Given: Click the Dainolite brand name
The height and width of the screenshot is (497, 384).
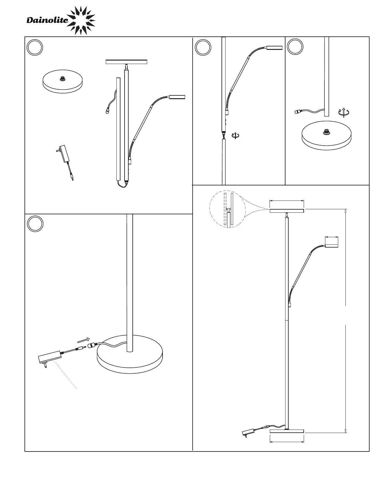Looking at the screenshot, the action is tap(47, 20).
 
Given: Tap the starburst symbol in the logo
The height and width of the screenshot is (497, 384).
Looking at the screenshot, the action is tap(81, 20).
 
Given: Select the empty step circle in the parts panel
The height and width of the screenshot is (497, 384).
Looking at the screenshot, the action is tap(35, 47).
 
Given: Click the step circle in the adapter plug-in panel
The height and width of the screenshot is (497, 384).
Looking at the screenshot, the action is tap(35, 224).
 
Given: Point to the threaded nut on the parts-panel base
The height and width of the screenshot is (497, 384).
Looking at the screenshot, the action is tap(62, 79).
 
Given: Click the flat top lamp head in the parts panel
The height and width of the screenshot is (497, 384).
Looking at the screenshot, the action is tap(126, 62).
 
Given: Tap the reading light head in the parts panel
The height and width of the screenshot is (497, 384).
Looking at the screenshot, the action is tap(177, 97).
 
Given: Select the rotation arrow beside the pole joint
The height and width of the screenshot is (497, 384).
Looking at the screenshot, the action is tap(235, 136).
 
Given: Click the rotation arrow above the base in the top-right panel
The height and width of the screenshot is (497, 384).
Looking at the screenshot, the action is tap(344, 112).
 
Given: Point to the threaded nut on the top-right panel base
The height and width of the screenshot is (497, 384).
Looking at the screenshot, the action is tap(326, 132).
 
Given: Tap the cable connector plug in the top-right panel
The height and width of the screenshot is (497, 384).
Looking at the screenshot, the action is tap(298, 112).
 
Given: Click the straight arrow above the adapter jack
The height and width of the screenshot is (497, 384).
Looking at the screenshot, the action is tap(83, 340).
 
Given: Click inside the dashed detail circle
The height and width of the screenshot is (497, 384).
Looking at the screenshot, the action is tap(227, 209).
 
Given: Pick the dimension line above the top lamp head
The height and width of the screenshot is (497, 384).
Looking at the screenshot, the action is tap(287, 201).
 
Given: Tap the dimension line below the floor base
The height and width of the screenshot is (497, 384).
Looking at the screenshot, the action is tap(287, 442).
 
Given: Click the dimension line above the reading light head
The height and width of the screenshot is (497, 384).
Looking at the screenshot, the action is tap(332, 237).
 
